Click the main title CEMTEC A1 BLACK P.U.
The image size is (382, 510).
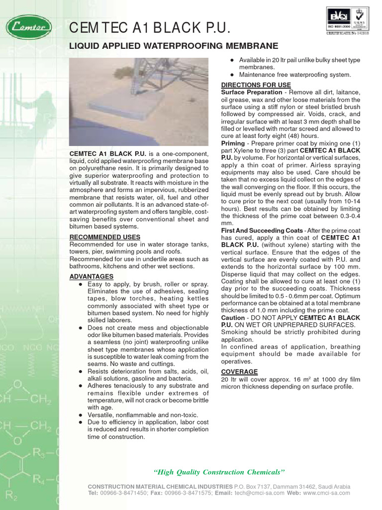[x=150, y=28]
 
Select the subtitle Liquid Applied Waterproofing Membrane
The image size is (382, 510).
[x=174, y=46]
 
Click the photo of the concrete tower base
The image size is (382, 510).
[x=139, y=102]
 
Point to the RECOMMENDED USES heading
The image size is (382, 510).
[x=104, y=237]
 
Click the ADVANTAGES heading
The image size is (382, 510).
[x=91, y=276]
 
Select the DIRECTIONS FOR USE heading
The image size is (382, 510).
[x=256, y=85]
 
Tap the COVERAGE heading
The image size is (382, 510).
[x=239, y=372]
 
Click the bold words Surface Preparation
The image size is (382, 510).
[x=251, y=93]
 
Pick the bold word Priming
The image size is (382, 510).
[x=233, y=143]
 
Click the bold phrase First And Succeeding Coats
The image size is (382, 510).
[x=262, y=231]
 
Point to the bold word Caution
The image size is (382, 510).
[x=233, y=318]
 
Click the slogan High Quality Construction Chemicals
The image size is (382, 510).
[x=219, y=472]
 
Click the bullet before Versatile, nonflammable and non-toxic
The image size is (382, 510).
[x=81, y=415]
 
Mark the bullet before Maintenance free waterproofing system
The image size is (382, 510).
[x=232, y=75]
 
